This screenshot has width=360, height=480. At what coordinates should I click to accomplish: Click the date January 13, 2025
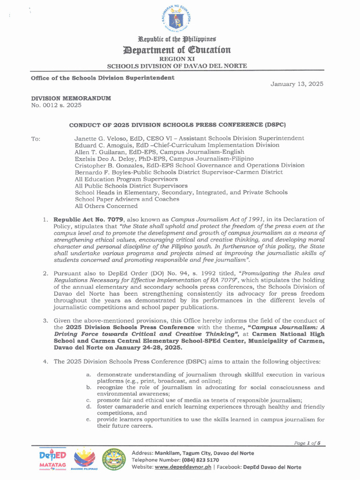[297, 84]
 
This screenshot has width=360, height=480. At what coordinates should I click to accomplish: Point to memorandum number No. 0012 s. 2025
[56, 105]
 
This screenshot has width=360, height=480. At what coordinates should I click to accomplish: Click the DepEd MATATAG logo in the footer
[52, 460]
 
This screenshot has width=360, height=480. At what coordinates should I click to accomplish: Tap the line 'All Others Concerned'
[106, 206]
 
